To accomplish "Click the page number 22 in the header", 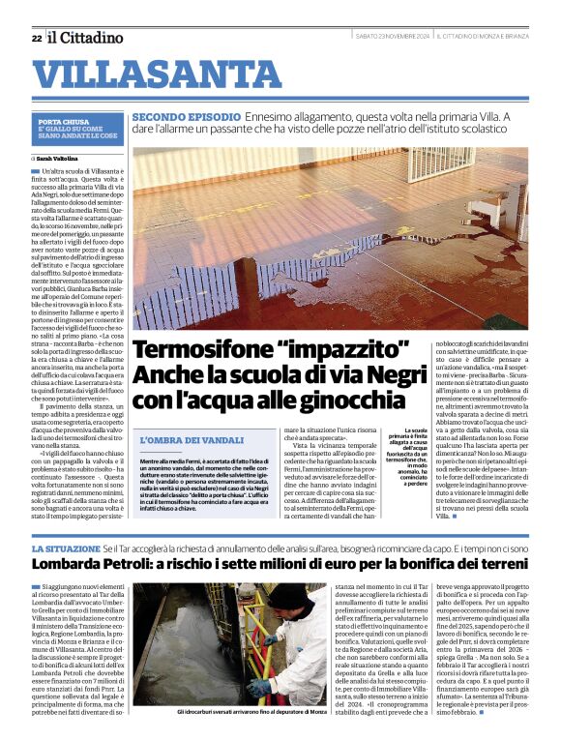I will [36, 38].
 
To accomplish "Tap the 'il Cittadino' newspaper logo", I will [86, 38].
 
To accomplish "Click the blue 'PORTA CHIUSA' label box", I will [77, 130].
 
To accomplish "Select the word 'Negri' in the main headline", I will [385, 374].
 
